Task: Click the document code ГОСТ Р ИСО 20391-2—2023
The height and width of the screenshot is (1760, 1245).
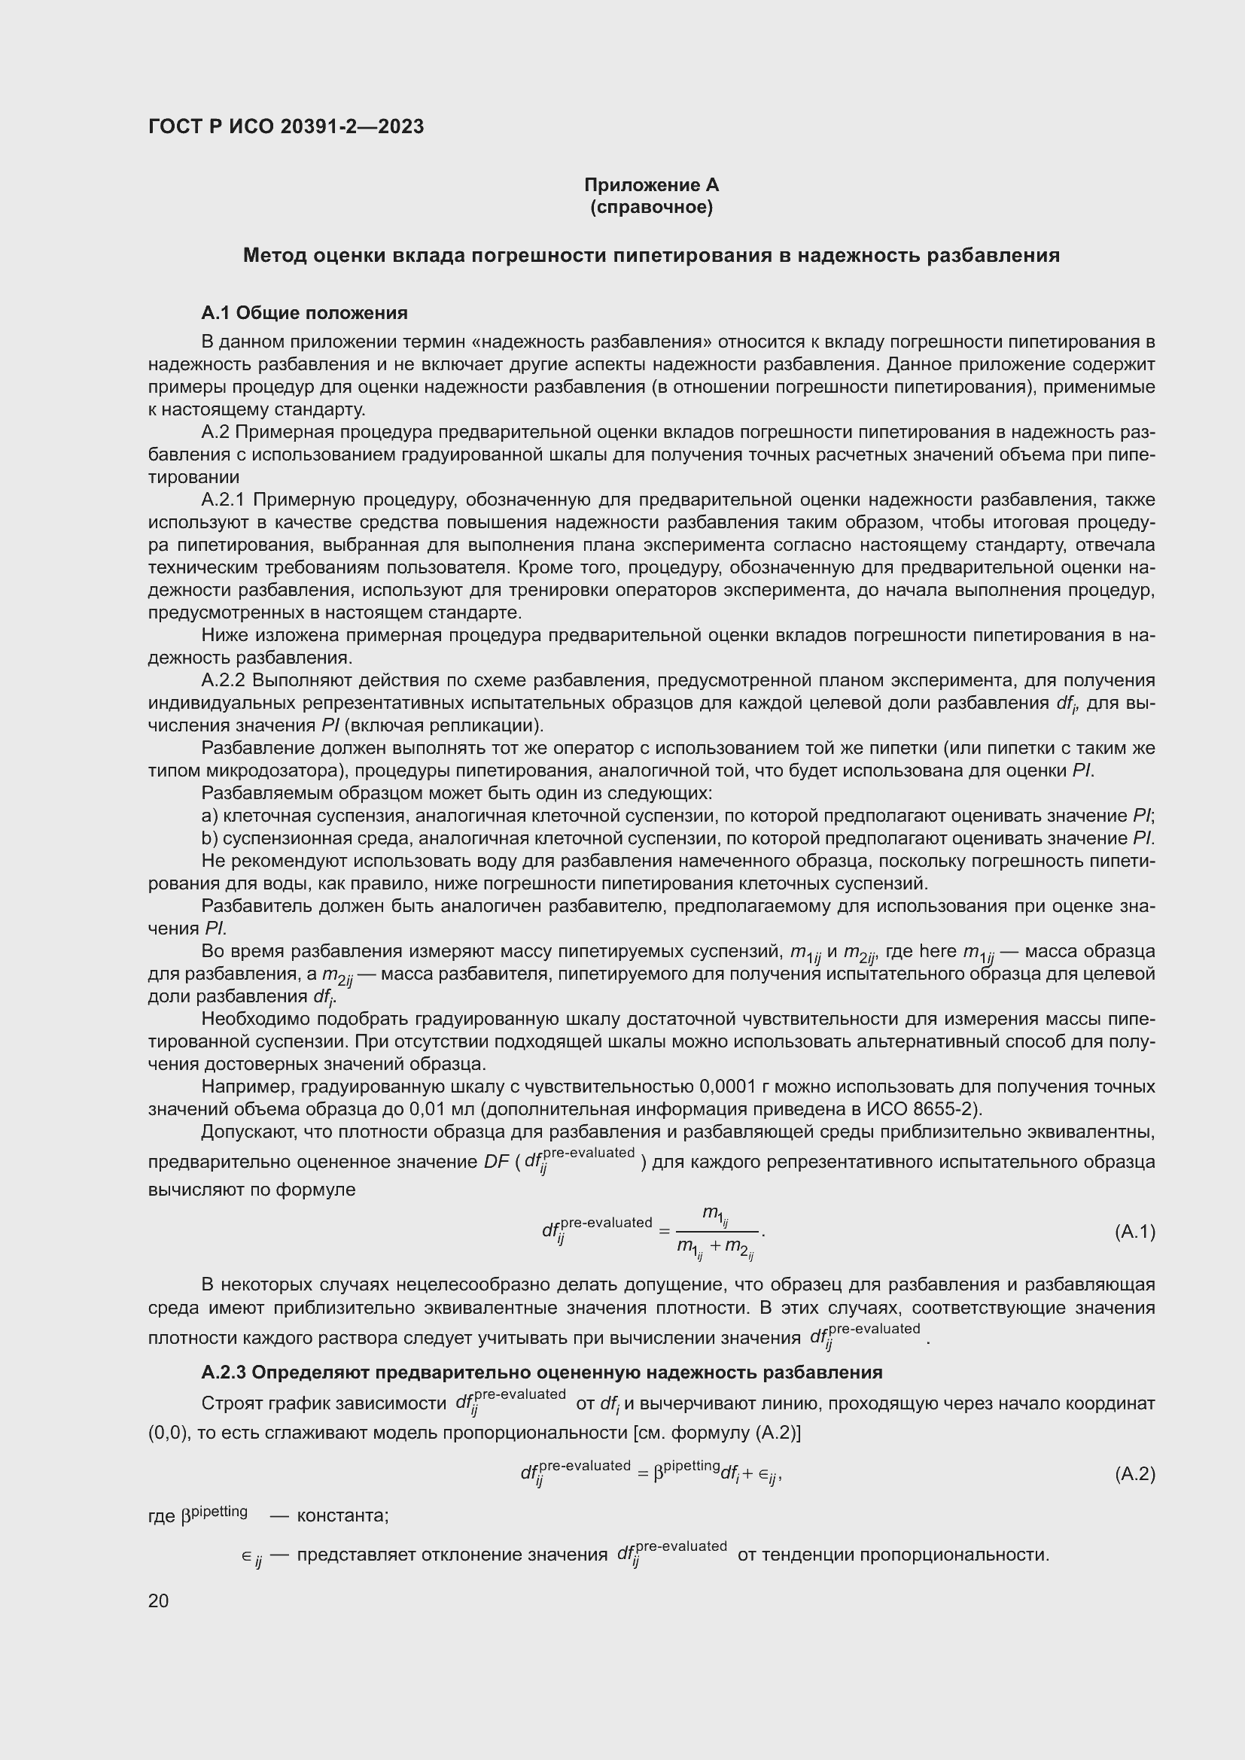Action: [x=286, y=126]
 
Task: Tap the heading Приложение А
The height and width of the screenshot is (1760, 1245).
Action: [x=651, y=185]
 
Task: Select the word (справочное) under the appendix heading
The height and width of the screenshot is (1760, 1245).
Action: [x=651, y=207]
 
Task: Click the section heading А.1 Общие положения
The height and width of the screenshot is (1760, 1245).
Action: [x=304, y=313]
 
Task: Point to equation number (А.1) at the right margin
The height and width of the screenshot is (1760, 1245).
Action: [x=1134, y=1232]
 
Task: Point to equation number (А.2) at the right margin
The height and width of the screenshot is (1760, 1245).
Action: [x=1134, y=1473]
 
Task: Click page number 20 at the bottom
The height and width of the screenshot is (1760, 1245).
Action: [x=158, y=1600]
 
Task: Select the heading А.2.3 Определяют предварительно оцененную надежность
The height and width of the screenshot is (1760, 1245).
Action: [x=541, y=1372]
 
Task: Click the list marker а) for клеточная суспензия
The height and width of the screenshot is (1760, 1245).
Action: [x=209, y=816]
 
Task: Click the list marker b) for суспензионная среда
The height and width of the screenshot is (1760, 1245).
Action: [x=209, y=837]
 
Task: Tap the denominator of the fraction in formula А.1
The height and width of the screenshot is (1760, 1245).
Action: [x=715, y=1248]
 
